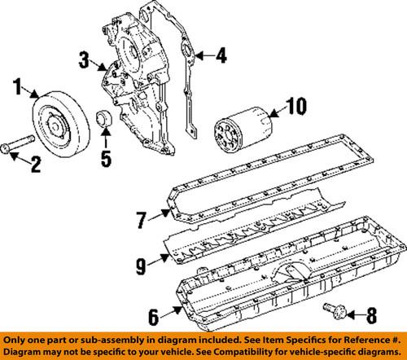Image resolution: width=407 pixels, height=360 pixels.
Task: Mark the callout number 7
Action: (x=139, y=218)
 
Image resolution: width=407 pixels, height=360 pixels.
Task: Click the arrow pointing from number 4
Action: (x=205, y=56)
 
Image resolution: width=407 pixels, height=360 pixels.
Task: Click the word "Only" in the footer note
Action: (x=17, y=336)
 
